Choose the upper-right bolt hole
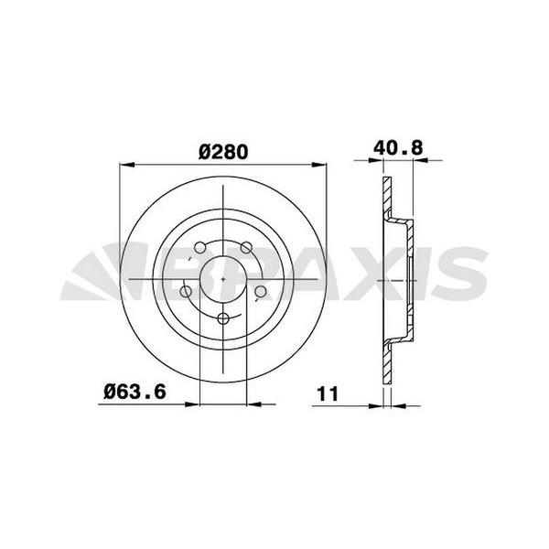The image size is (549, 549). click(x=246, y=247)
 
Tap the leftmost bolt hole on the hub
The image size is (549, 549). click(x=187, y=292)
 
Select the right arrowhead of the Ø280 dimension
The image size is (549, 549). click(x=321, y=167)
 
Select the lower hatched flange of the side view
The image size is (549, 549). click(x=388, y=361)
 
